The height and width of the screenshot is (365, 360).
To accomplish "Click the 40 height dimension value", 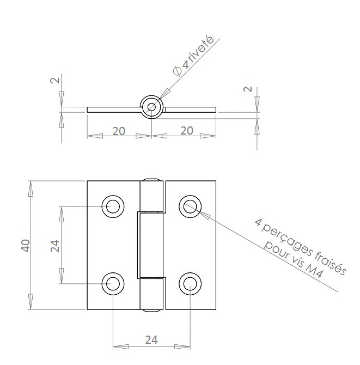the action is click(26, 245).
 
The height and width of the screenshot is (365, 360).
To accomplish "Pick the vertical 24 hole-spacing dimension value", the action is click(55, 246).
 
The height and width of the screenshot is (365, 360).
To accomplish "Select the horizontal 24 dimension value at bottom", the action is click(151, 340).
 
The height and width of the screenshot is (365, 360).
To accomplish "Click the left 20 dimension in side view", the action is click(119, 131).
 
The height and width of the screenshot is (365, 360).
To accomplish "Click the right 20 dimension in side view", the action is click(187, 131).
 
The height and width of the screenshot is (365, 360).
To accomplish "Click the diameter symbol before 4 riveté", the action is click(178, 70).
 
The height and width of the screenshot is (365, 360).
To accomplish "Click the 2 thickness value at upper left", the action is click(55, 80).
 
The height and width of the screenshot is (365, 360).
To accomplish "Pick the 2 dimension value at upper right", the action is click(248, 89).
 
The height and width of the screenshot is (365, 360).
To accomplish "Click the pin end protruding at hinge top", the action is click(151, 180).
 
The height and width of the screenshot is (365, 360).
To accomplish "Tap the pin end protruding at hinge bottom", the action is click(151, 311).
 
